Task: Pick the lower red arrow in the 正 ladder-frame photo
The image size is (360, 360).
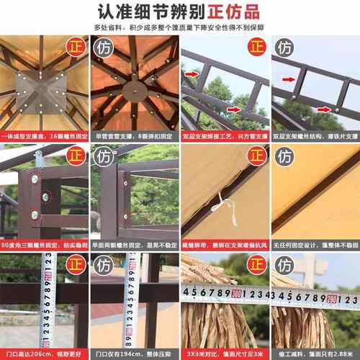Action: coord(235,109)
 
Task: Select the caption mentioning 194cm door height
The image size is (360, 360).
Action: coord(135,353)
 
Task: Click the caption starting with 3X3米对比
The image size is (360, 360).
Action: coord(225,353)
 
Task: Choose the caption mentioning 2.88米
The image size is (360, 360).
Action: coord(315,353)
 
